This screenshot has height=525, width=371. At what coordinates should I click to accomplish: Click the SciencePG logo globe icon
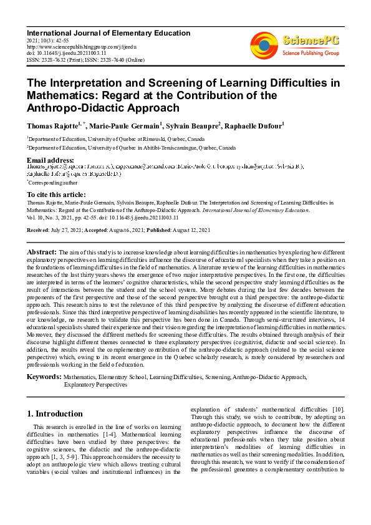coord(264,45)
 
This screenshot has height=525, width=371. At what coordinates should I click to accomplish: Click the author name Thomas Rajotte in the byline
coord(52,125)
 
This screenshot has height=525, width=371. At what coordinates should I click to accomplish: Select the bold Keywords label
coord(44,377)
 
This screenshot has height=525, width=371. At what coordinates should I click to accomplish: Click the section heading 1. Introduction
coord(55,413)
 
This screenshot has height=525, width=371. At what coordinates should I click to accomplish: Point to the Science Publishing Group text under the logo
coord(311,54)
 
